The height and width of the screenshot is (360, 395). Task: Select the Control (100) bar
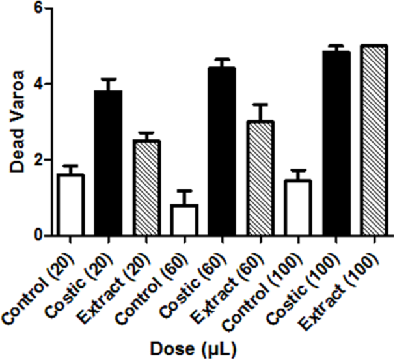(298, 208)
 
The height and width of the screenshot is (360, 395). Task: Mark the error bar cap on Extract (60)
(260, 104)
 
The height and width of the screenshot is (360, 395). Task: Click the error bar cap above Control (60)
(183, 191)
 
